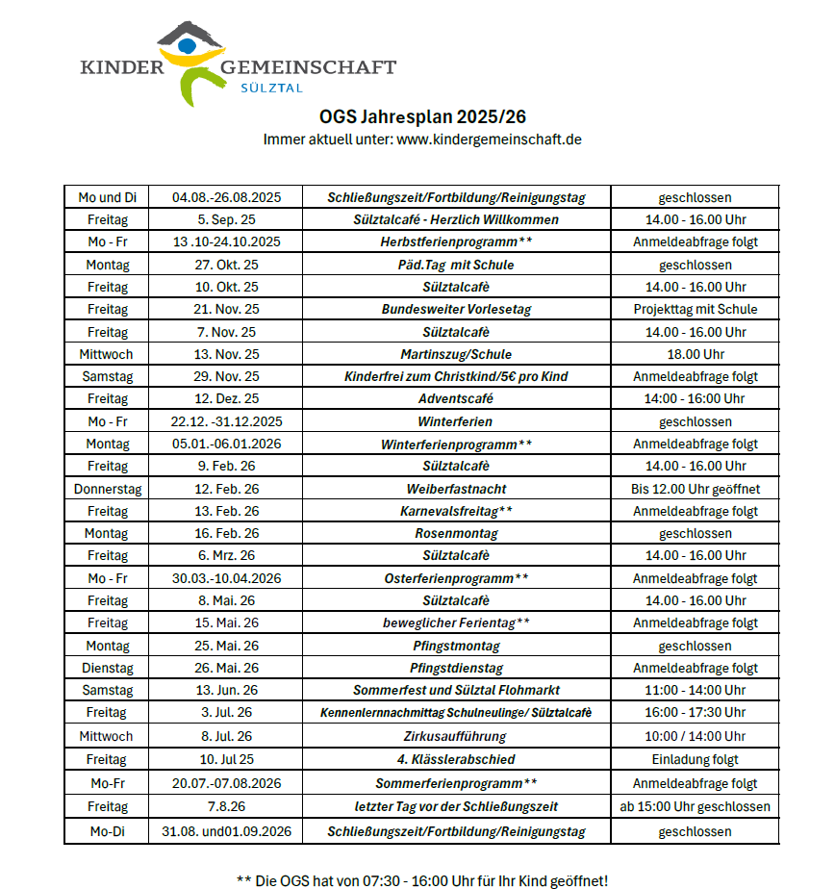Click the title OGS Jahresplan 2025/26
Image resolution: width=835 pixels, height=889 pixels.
(x=422, y=117)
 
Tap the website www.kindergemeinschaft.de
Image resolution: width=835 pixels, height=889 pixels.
(x=489, y=140)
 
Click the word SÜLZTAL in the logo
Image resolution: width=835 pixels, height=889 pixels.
(x=270, y=88)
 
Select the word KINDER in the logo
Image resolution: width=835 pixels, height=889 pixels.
(x=122, y=67)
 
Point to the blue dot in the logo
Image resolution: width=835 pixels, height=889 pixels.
(x=188, y=43)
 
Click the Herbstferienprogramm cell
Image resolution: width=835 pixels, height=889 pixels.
(x=456, y=241)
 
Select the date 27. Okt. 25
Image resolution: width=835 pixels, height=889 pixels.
(x=226, y=265)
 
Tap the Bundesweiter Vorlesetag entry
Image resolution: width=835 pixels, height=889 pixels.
(x=456, y=309)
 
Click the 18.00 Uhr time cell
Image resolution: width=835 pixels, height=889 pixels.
(x=695, y=354)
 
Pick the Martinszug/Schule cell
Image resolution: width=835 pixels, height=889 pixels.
(x=456, y=354)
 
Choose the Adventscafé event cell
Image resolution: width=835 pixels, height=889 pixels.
(x=456, y=398)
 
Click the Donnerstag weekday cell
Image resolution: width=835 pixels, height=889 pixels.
(x=107, y=489)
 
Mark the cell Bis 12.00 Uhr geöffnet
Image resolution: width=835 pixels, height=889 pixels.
(x=695, y=489)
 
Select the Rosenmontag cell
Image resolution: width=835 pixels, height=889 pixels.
(x=456, y=533)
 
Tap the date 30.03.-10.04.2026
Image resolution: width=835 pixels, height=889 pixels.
(x=226, y=578)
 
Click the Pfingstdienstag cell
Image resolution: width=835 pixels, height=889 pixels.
(x=456, y=668)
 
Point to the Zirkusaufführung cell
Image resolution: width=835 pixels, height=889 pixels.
(x=456, y=736)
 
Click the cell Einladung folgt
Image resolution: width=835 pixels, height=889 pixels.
(x=695, y=759)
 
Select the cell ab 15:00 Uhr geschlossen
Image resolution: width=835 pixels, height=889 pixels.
(x=695, y=806)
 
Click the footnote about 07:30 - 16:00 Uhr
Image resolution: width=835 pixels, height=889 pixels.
(x=422, y=879)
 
